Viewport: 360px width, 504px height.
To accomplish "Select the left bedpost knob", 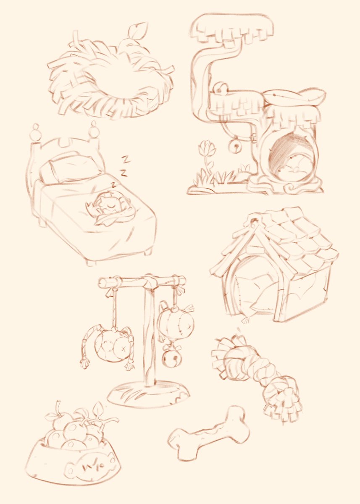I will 35,128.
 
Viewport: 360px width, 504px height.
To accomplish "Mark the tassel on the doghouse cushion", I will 244,320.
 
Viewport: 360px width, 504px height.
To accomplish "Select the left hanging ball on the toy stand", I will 111,344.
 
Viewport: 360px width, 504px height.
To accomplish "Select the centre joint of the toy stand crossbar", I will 148,280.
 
